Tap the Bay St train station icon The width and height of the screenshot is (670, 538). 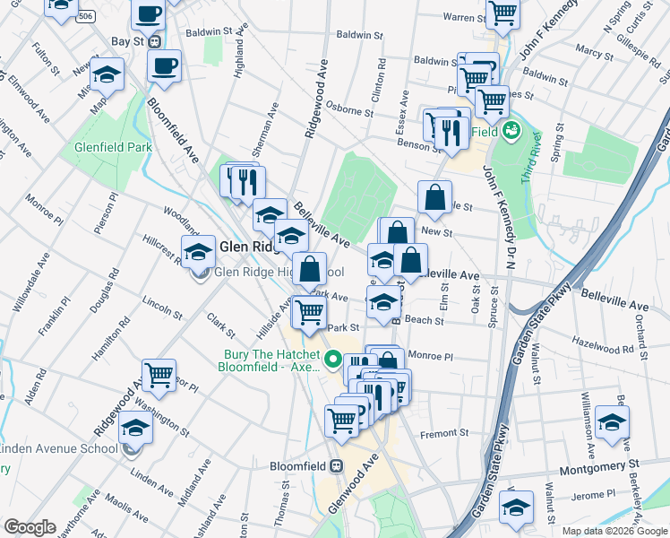(x=155, y=41)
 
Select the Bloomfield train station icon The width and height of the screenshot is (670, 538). (x=337, y=466)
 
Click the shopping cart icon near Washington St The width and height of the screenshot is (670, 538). (x=159, y=374)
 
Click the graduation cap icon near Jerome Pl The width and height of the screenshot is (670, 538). (x=517, y=506)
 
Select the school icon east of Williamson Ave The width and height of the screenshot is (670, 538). (x=611, y=421)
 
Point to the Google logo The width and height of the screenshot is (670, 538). (x=30, y=527)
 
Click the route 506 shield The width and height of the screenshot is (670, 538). (x=85, y=17)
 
